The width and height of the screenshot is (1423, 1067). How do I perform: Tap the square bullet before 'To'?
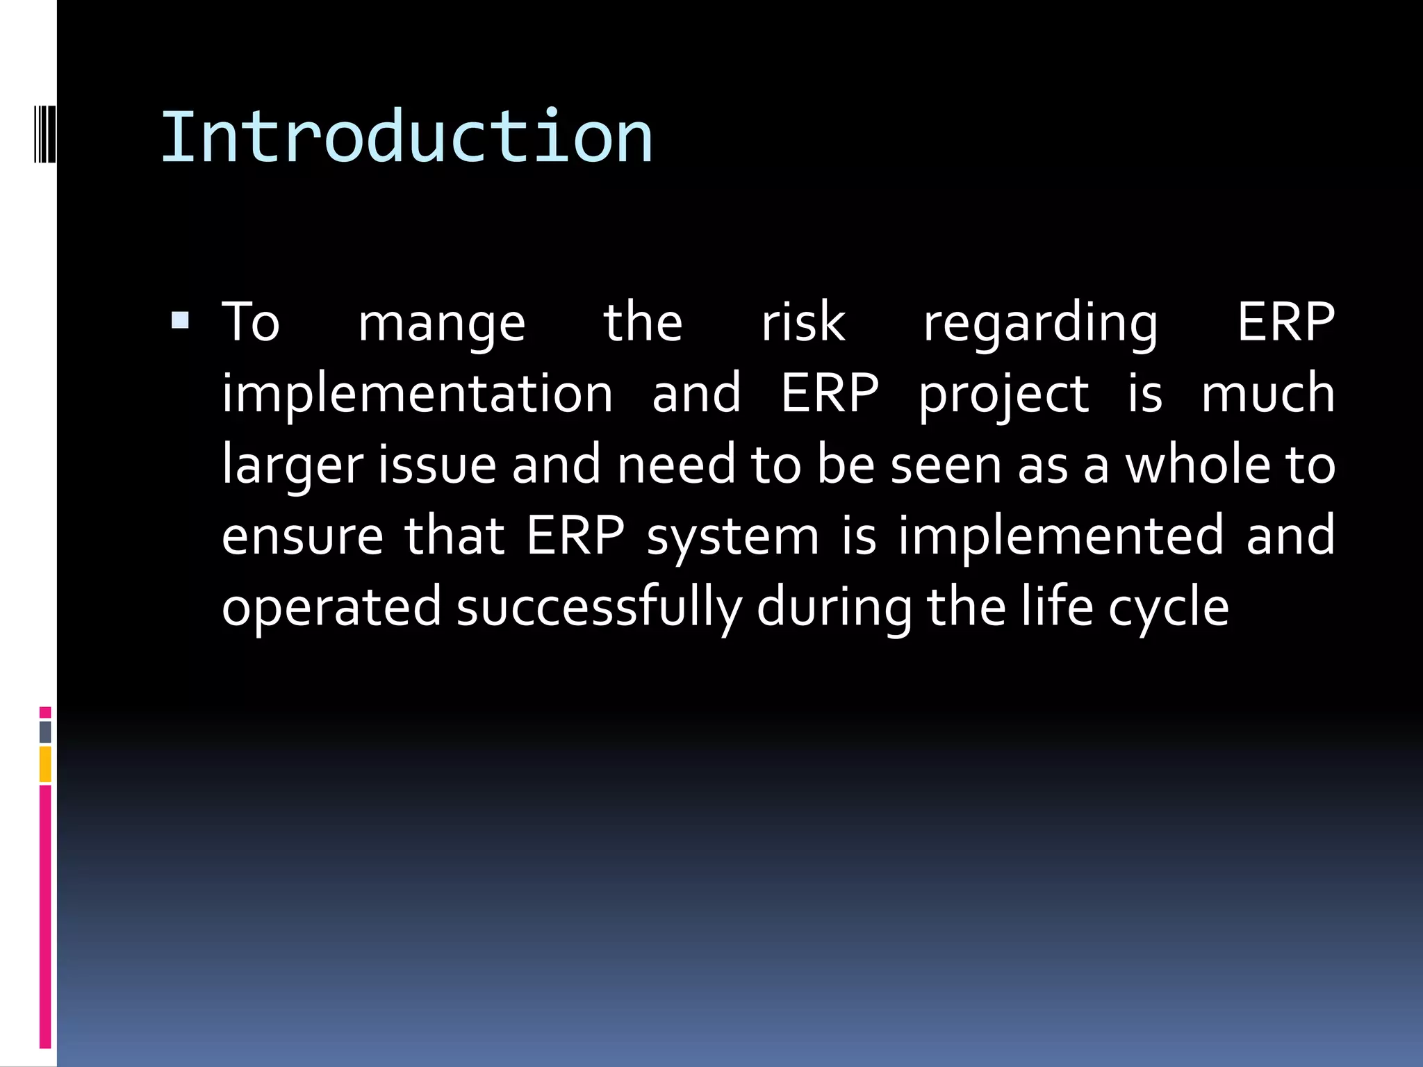(180, 320)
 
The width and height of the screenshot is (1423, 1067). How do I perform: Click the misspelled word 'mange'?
(441, 324)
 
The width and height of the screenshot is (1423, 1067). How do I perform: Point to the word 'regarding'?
(1040, 324)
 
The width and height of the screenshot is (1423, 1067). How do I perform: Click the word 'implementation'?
(417, 394)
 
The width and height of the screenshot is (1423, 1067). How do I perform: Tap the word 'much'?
(1267, 392)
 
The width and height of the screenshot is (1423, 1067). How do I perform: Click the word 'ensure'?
(302, 536)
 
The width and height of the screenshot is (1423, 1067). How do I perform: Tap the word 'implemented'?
(1060, 536)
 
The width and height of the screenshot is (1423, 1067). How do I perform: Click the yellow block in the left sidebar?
(45, 764)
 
